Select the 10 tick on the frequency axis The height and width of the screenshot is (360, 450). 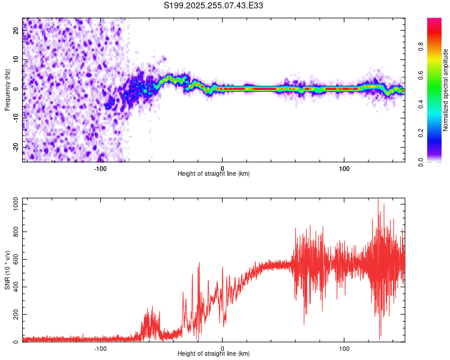(17, 60)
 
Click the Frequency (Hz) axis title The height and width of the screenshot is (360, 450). (7, 89)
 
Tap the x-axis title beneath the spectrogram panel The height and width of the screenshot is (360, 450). (214, 174)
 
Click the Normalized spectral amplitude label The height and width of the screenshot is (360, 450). (445, 89)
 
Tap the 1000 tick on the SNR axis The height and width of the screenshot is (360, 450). (13, 205)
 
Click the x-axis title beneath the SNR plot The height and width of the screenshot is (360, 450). (214, 355)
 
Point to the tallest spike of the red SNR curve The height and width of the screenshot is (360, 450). (378, 200)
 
